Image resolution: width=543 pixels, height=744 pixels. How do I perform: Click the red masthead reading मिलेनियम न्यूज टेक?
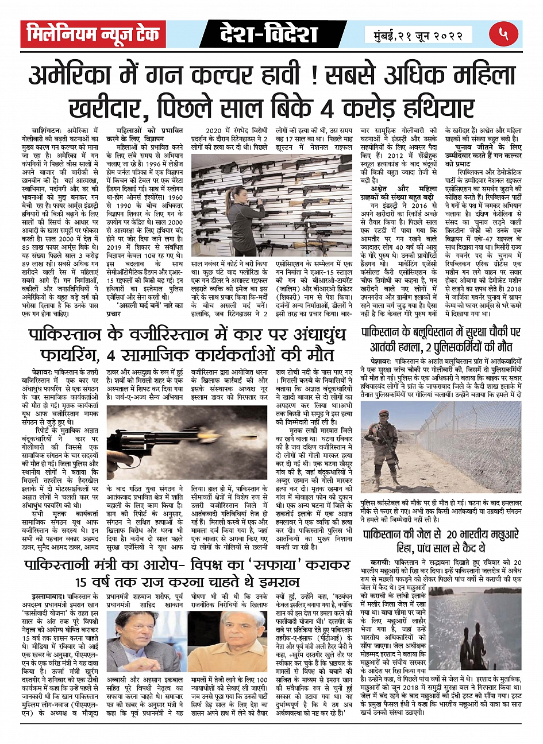(93, 34)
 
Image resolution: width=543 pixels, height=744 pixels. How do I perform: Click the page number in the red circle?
(504, 34)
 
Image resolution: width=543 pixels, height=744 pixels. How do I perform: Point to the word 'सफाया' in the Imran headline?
(269, 565)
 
